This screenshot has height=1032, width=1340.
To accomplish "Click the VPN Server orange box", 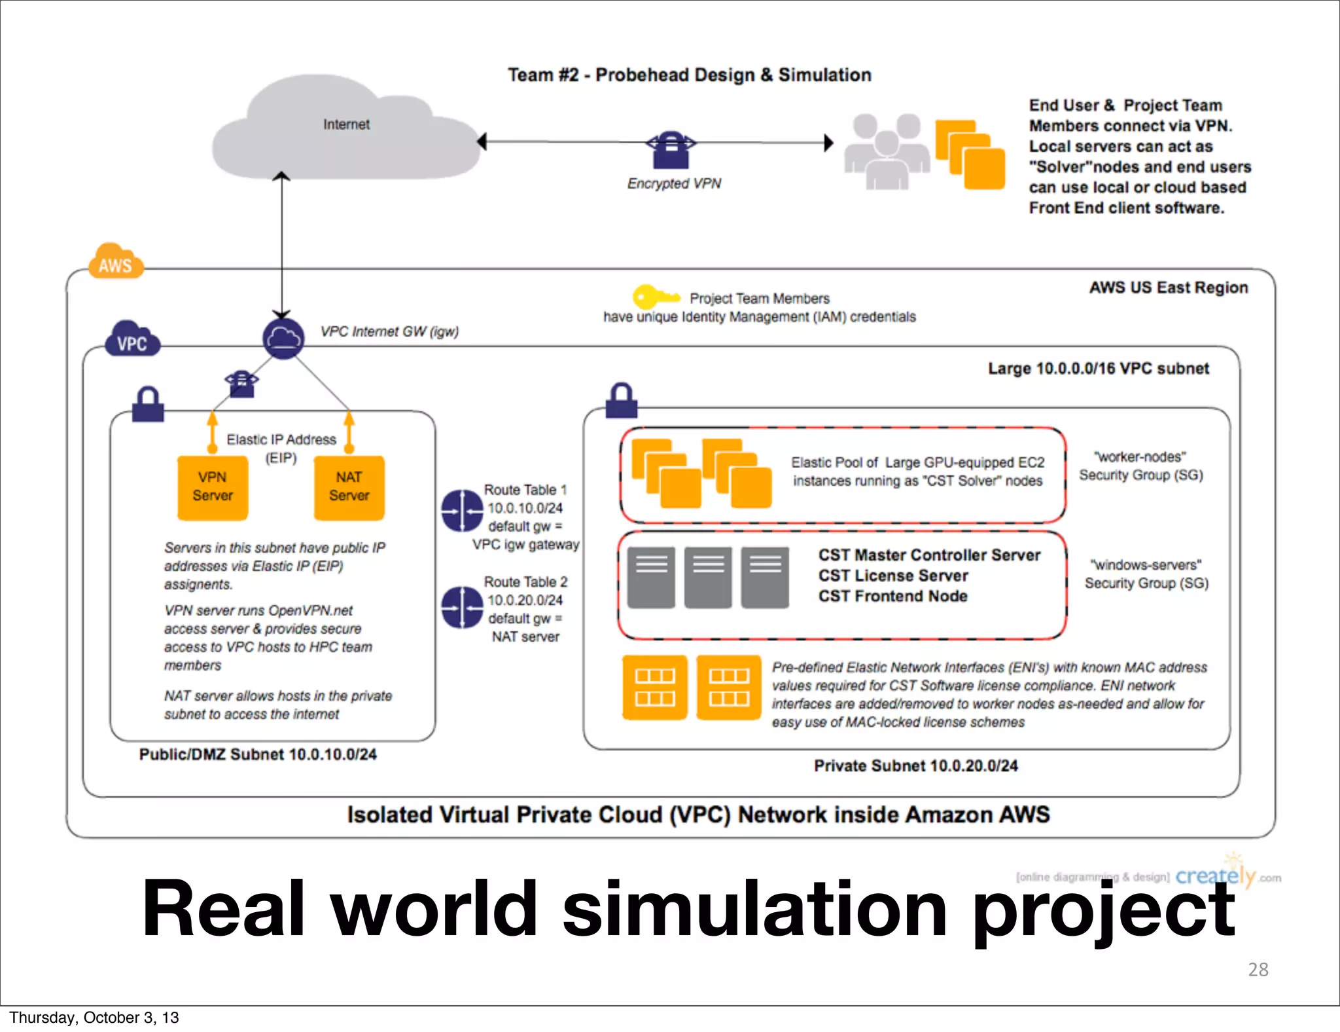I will (213, 487).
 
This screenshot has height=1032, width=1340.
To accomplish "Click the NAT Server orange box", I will (349, 487).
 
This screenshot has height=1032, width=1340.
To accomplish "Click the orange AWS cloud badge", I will (115, 263).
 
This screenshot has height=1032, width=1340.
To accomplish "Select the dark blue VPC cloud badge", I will (132, 341).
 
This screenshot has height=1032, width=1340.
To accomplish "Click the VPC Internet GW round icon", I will (283, 339).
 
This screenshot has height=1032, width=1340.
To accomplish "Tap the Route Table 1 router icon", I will (462, 511).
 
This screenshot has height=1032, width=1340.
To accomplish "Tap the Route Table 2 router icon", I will (462, 607).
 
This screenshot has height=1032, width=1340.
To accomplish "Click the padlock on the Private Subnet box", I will (621, 401).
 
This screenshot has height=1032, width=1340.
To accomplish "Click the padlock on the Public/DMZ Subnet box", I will (148, 404).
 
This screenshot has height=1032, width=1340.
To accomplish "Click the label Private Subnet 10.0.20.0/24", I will (915, 765).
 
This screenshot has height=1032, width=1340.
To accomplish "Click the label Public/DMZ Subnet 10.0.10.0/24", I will (258, 754).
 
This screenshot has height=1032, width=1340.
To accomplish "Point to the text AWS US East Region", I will (1168, 287).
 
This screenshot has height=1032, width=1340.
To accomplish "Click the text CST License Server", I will (893, 576).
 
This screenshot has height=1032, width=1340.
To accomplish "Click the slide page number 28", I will (1258, 969).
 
